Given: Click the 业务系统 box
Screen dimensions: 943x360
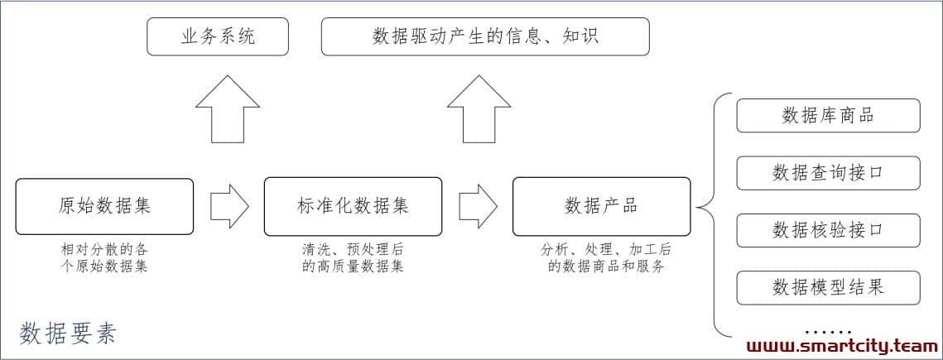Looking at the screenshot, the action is [x=218, y=36].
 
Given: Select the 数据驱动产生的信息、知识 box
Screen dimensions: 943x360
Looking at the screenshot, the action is [x=485, y=36].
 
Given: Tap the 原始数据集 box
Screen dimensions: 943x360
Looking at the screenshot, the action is [x=104, y=206].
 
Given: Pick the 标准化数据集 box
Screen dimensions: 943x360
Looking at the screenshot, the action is [x=353, y=206].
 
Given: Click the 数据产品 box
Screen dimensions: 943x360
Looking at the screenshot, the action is [x=601, y=206].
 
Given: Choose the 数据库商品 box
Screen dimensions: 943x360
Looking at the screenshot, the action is [x=828, y=115].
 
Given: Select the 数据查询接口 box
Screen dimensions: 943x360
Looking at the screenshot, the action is [x=828, y=173].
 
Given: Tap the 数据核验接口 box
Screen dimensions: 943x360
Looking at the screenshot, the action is [x=828, y=230].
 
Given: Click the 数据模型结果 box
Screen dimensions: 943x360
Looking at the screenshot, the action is [x=828, y=288].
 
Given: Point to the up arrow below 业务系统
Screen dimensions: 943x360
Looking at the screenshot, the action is [x=228, y=109].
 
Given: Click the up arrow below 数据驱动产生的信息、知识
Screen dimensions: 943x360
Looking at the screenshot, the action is [x=479, y=109].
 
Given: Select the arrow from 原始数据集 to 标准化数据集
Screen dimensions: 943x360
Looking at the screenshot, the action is [x=229, y=206].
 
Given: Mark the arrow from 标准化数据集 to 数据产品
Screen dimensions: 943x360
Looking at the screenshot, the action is [x=478, y=206].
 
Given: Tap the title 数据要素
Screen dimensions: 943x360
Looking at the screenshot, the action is [x=67, y=334].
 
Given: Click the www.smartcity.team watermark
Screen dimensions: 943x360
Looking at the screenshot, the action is [x=842, y=346].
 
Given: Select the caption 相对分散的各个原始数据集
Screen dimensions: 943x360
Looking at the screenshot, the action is [x=104, y=258].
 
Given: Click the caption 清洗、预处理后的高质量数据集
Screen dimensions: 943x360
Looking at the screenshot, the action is [x=353, y=258].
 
